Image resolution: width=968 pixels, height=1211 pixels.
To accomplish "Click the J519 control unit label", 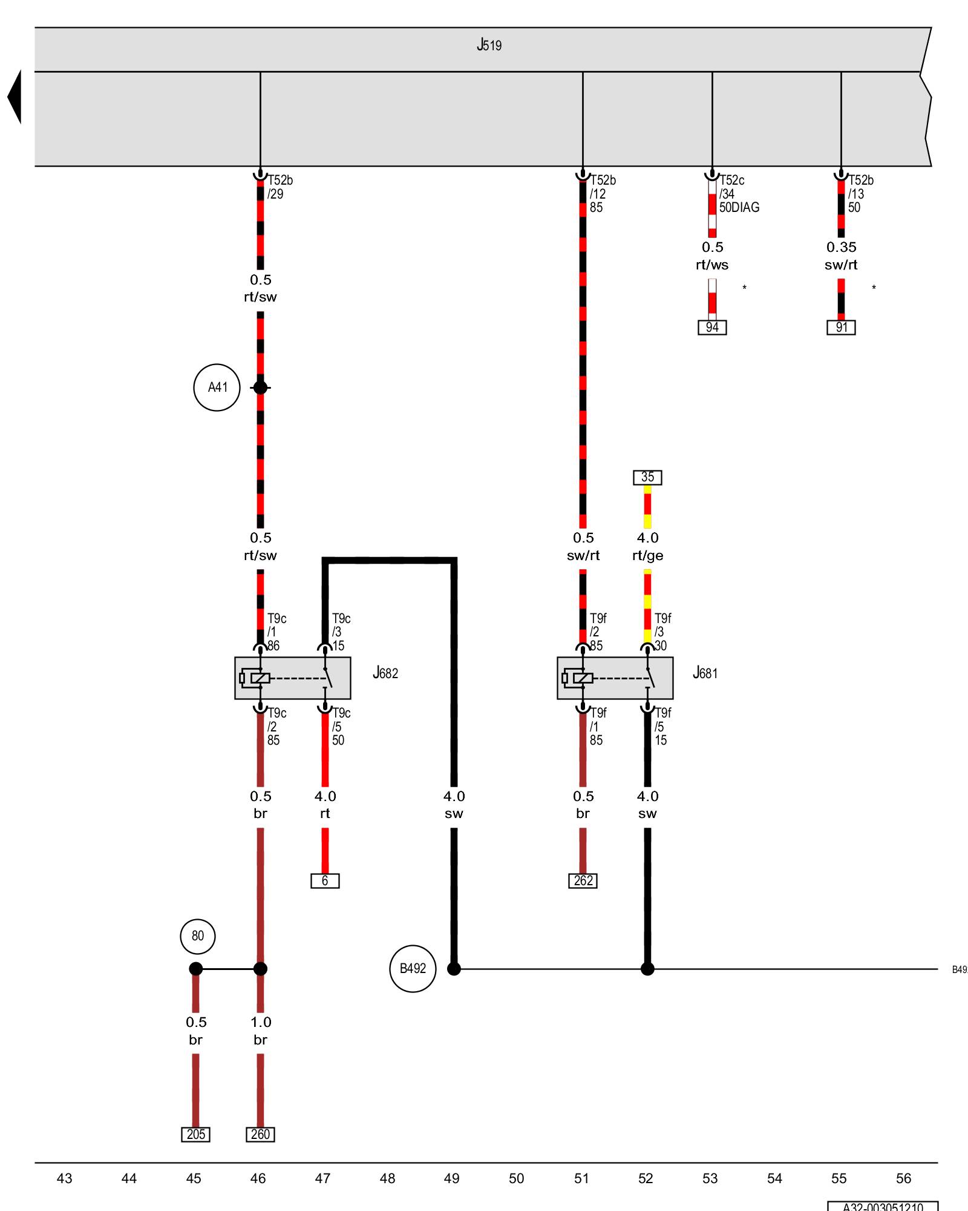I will coord(489,45).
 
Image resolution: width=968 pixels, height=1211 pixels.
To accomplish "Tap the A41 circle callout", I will coord(217,388).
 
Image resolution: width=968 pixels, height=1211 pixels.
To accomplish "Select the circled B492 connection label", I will coord(413,968).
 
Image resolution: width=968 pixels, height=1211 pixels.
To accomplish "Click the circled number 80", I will coord(198,935).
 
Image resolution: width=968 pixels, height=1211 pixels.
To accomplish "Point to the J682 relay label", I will coord(385,673).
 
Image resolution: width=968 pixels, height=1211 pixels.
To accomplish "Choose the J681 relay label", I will coord(705,673).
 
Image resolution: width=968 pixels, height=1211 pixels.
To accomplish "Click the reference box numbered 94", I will coord(712,328).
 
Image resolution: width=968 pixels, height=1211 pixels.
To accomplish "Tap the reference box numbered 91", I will coord(841,328).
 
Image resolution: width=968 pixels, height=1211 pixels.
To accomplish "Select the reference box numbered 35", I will coord(647,477).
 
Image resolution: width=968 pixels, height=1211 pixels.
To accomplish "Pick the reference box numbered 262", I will coord(583,880).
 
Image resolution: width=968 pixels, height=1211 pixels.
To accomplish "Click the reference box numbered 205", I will coord(195,1134).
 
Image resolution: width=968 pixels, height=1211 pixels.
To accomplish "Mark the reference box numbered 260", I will coord(260,1134).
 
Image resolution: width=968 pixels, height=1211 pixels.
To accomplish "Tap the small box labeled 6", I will coord(325,880).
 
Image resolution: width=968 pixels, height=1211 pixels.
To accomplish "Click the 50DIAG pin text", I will coord(739,207).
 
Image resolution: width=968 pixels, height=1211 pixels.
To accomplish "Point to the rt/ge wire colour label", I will coord(647,555).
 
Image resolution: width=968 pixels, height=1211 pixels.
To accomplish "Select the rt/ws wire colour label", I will coord(712,265).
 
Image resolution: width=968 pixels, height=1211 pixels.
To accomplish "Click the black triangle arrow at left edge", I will coord(15,97).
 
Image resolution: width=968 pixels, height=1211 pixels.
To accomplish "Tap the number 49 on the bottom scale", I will coord(451,1178).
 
